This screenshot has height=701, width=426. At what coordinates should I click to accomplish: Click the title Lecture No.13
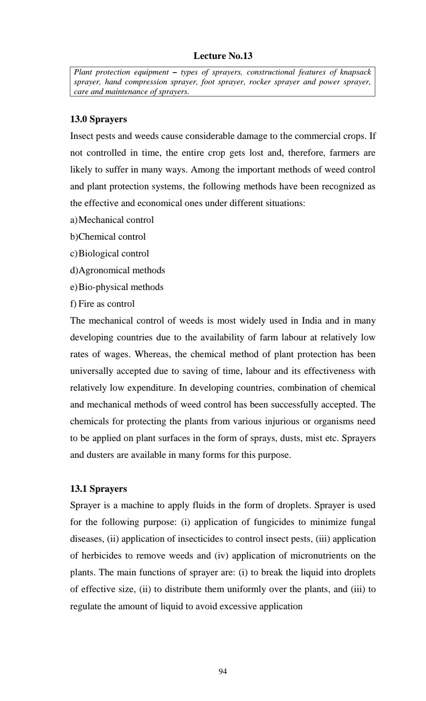[x=223, y=56]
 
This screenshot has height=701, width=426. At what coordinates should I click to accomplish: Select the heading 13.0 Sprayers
[x=98, y=119]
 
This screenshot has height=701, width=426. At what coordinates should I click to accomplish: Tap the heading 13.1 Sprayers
[x=98, y=489]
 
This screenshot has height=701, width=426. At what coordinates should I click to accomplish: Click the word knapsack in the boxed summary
[x=355, y=72]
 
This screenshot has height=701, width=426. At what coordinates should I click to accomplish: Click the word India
[x=311, y=321]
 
